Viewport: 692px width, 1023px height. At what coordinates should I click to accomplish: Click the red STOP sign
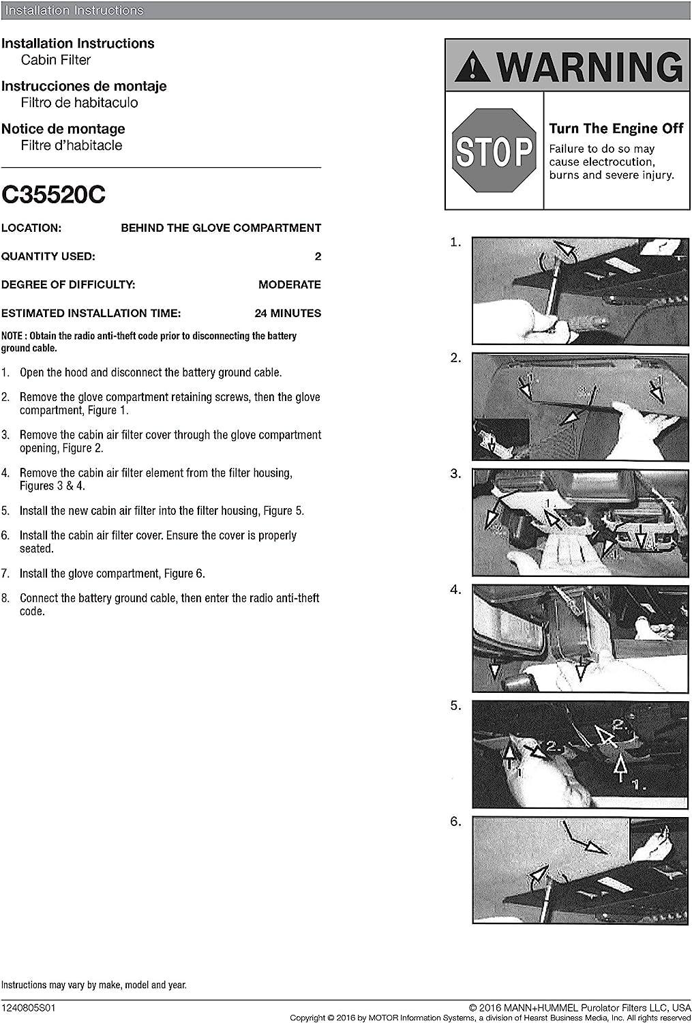[494, 151]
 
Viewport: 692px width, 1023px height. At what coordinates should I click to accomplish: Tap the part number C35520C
[53, 195]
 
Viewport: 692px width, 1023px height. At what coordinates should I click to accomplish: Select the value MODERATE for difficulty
[289, 285]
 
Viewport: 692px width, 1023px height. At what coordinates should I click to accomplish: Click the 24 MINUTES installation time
[287, 314]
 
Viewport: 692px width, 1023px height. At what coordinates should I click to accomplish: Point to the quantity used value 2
[318, 256]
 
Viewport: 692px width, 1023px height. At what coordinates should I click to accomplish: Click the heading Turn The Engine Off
[616, 129]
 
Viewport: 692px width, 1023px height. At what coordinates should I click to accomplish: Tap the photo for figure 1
[580, 291]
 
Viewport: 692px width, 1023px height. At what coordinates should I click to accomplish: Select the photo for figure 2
[580, 406]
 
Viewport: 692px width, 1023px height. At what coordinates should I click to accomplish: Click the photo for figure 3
[580, 522]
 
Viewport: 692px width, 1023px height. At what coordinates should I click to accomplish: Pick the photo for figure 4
[580, 638]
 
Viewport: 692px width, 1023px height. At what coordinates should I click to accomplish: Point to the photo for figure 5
[580, 754]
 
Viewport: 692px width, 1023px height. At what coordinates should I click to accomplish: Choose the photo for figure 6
[580, 870]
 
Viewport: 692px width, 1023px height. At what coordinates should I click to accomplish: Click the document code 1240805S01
[30, 1007]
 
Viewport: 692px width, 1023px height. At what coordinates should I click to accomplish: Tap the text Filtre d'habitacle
[72, 145]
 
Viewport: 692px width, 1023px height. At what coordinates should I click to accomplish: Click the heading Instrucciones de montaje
[84, 86]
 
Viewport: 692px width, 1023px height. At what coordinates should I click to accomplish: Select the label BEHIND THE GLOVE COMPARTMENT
[221, 228]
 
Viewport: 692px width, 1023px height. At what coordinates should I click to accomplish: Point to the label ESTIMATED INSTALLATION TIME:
[91, 314]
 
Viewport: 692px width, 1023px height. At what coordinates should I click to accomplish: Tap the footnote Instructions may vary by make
[93, 985]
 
